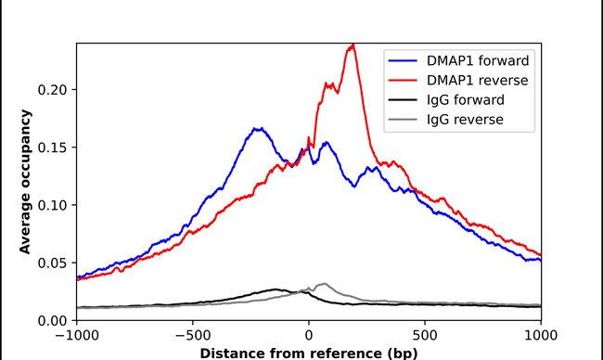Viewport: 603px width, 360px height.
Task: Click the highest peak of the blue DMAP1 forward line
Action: [259, 129]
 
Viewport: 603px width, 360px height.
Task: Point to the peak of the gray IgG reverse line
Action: [323, 284]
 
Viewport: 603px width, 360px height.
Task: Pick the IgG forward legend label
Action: [466, 100]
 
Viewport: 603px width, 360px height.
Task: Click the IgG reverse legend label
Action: [466, 120]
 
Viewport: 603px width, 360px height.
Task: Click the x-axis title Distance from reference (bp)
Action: [308, 353]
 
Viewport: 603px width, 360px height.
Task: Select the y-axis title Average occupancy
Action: [27, 182]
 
